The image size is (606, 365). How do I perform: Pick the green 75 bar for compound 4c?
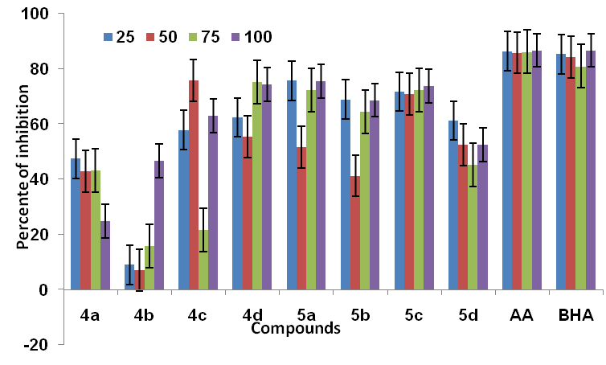pyautogui.click(x=204, y=260)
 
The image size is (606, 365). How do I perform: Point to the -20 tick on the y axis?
pyautogui.click(x=39, y=344)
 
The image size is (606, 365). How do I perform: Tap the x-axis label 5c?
pyautogui.click(x=414, y=316)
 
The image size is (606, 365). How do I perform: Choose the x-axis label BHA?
pyautogui.click(x=577, y=316)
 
